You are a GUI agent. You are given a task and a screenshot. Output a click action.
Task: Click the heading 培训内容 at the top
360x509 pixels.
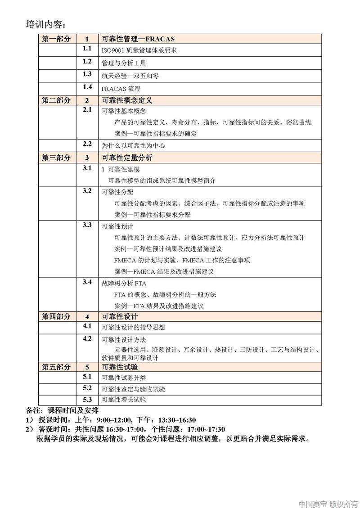pyautogui.click(x=46, y=24)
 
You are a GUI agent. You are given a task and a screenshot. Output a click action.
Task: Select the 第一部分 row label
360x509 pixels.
pyautogui.click(x=56, y=39)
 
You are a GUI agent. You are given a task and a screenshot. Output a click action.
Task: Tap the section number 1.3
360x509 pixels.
pyautogui.click(x=87, y=74)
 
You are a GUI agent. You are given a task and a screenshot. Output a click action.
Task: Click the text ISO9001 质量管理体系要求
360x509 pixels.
pyautogui.click(x=139, y=50)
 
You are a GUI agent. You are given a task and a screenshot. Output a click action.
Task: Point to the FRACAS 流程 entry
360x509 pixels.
pyautogui.click(x=121, y=88)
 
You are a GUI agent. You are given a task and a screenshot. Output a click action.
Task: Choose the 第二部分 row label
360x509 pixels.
pyautogui.click(x=56, y=100)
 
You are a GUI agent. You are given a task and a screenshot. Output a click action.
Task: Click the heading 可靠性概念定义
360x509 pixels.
pyautogui.click(x=127, y=100)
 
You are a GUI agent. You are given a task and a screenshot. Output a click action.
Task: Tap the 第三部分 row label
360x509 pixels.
pyautogui.click(x=56, y=158)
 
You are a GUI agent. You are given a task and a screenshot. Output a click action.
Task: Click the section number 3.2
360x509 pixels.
pyautogui.click(x=87, y=191)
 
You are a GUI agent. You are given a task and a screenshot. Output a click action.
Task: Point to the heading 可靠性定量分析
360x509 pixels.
pyautogui.click(x=127, y=158)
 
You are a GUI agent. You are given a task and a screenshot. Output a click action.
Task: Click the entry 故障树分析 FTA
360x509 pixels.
pyautogui.click(x=124, y=284)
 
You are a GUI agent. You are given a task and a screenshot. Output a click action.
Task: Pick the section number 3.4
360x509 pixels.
pyautogui.click(x=87, y=282)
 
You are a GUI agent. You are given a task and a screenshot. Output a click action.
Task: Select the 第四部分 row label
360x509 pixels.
pyautogui.click(x=56, y=316)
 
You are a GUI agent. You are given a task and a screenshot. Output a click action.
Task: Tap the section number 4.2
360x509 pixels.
pyautogui.click(x=87, y=338)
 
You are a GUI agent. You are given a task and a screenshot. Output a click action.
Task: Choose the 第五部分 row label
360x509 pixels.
pyautogui.click(x=56, y=367)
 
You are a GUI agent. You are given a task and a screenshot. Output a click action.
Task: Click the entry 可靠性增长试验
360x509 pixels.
pyautogui.click(x=124, y=400)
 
